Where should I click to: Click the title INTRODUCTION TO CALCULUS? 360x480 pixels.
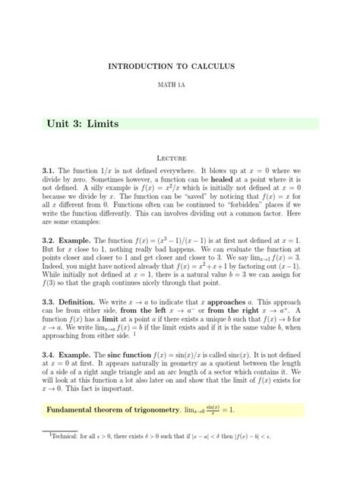coord(180,67)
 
